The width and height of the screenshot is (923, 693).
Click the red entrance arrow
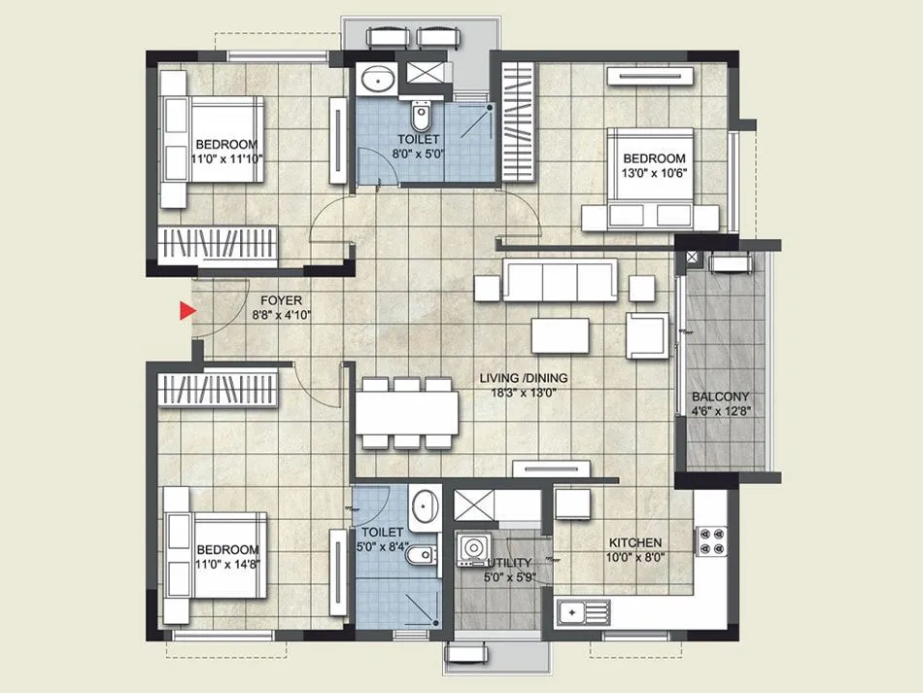187,311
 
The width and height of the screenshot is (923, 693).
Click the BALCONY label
720,397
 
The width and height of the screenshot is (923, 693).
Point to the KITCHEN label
635,542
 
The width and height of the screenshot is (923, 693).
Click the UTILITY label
507,562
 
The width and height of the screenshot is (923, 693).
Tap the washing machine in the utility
472,549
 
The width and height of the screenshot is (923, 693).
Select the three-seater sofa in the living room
559,282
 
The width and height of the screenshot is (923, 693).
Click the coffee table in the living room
560,334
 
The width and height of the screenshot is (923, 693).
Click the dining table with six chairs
407,413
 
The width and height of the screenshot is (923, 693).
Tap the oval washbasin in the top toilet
375,80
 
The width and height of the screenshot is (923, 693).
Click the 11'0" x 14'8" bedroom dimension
227,565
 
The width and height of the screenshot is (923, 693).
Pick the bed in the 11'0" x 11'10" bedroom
213,152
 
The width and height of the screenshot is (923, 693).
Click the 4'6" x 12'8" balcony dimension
720,412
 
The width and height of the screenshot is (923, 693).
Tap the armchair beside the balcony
645,333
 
